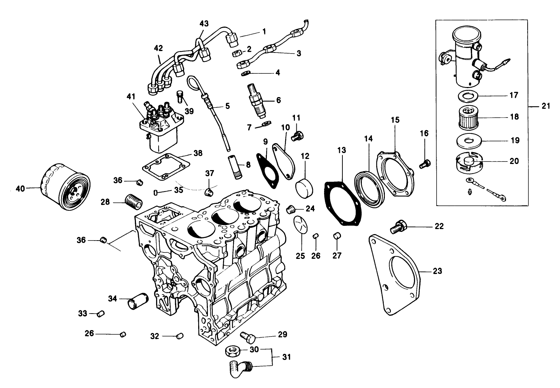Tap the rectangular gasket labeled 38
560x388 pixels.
coord(166,167)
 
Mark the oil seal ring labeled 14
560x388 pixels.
coord(369,189)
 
